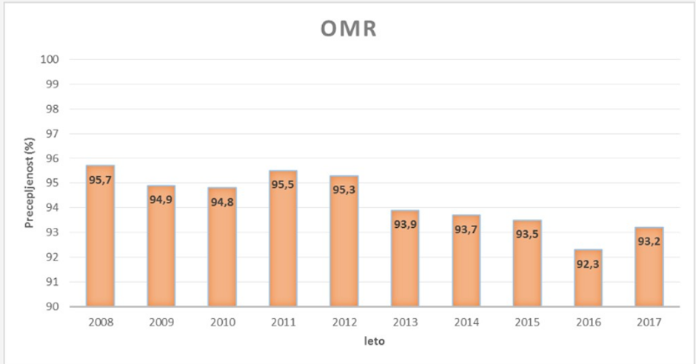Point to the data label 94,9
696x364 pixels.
coord(161,199)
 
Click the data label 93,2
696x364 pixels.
coord(649,241)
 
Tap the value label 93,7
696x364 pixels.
coord(466,229)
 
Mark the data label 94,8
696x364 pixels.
coord(222,201)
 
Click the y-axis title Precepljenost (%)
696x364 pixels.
coord(30,183)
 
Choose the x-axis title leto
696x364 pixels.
coord(375,343)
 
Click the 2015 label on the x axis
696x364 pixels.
coord(527,323)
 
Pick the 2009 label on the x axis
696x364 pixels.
coord(161,323)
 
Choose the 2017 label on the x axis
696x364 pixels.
coord(649,323)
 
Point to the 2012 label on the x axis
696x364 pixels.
coord(344,323)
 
